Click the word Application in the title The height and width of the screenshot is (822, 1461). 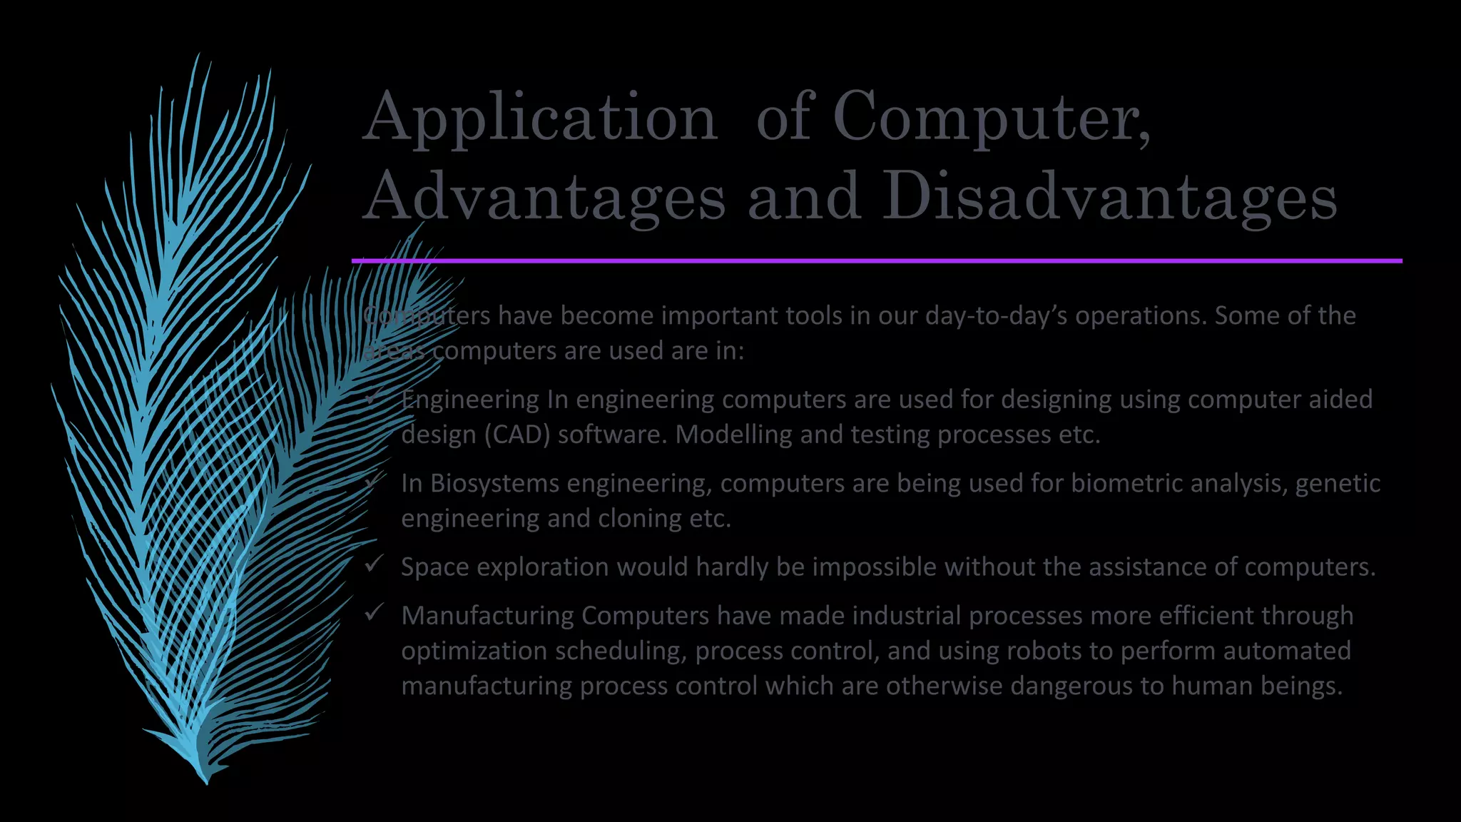click(x=540, y=118)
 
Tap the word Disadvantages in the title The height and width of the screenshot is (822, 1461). click(x=1109, y=197)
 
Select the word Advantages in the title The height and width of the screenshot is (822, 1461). click(x=544, y=197)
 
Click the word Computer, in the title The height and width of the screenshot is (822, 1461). click(x=992, y=118)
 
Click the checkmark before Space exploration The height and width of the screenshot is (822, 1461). click(x=375, y=564)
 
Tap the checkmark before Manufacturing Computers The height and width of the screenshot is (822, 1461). click(x=375, y=613)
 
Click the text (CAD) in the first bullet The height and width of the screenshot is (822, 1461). click(x=517, y=435)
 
